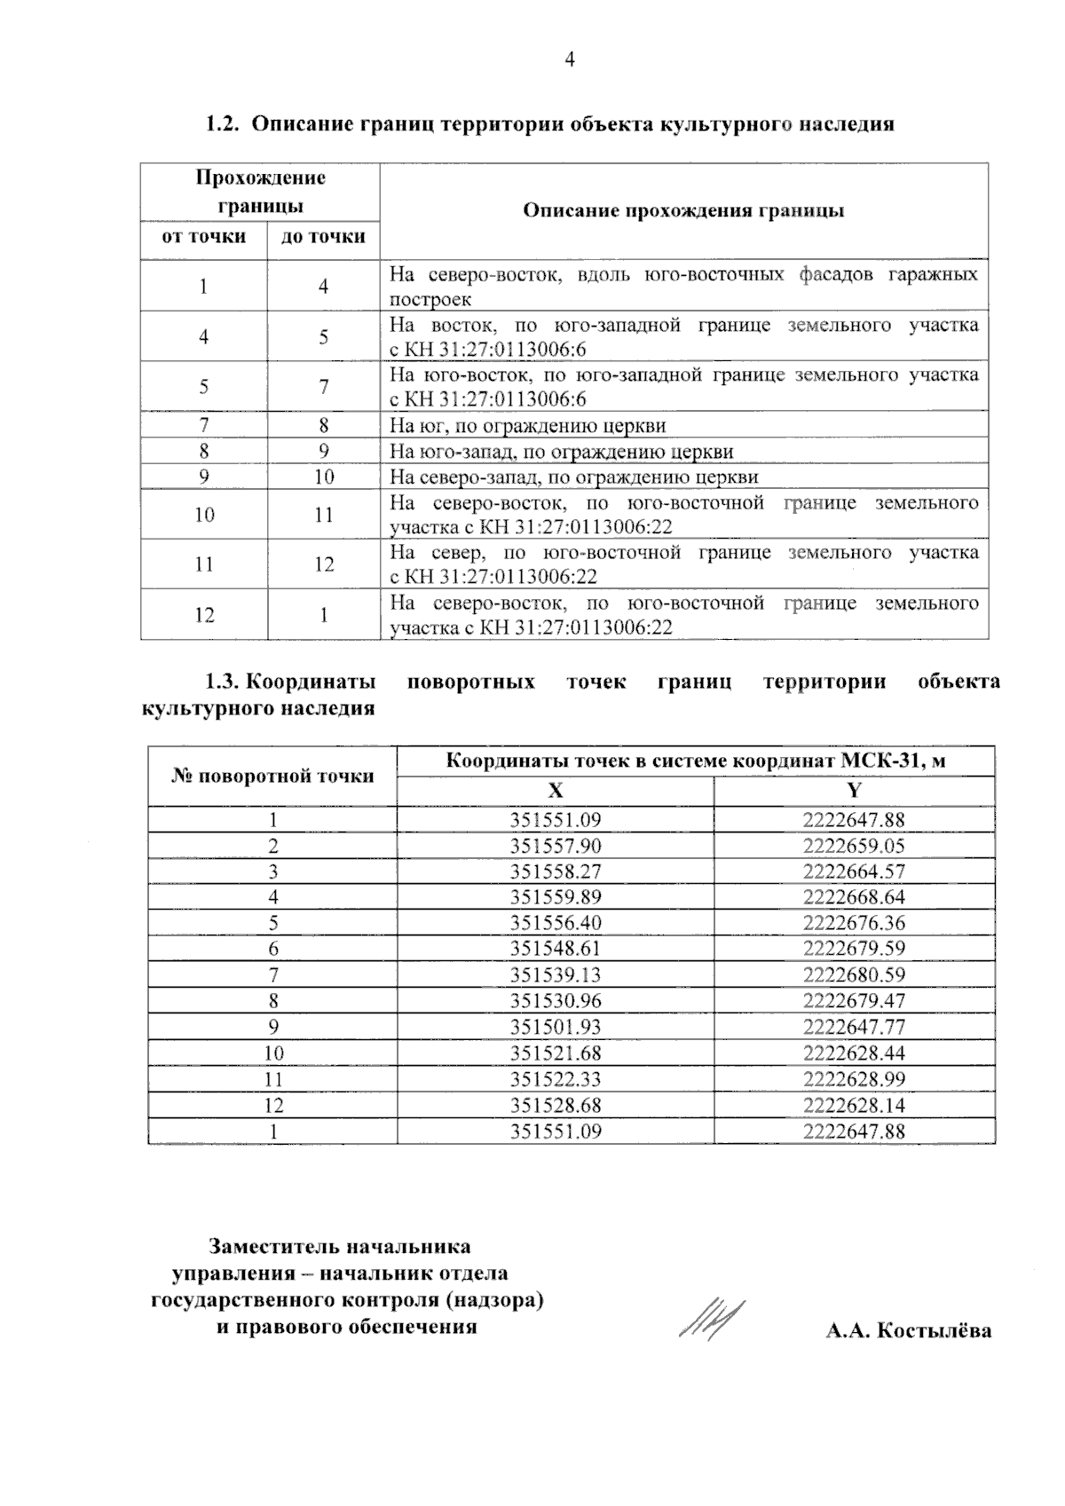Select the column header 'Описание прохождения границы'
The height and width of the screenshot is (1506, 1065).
[x=683, y=211]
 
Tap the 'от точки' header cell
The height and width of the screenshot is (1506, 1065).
[x=203, y=237]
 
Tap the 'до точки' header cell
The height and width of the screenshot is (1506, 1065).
[x=323, y=237]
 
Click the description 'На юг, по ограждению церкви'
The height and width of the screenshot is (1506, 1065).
[x=528, y=426]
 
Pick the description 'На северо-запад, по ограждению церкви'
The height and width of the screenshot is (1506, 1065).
[x=574, y=477]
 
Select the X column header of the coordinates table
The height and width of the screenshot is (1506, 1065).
[x=556, y=791]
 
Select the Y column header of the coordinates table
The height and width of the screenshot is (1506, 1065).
[x=854, y=791]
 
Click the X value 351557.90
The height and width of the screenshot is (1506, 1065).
[x=556, y=846]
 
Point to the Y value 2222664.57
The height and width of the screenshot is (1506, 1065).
[x=854, y=871]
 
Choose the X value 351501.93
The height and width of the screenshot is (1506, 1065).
[x=556, y=1028]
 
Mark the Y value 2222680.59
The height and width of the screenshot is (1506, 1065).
[x=854, y=975]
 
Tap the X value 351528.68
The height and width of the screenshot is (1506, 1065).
[x=556, y=1106]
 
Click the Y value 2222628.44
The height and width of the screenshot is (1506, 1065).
[x=854, y=1053]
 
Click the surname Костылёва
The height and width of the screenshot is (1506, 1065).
[x=934, y=1331]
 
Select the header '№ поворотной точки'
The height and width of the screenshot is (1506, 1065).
[x=272, y=777]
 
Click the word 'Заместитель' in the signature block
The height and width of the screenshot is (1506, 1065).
[x=273, y=1247]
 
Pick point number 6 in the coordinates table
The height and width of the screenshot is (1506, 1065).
[x=273, y=950]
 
